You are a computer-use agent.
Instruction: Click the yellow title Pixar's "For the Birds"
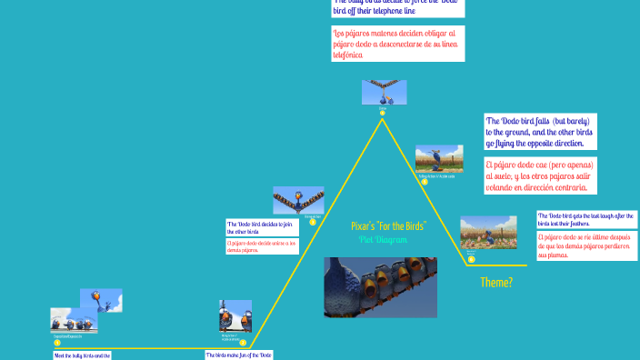pyautogui.click(x=388, y=225)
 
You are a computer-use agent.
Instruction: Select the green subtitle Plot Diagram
pyautogui.click(x=383, y=239)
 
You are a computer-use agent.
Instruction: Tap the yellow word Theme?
pyautogui.click(x=496, y=283)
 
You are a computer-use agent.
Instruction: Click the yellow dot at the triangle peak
pyautogui.click(x=383, y=113)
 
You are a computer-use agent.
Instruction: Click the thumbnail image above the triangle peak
pyautogui.click(x=384, y=92)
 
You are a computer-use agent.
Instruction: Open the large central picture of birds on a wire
pyautogui.click(x=380, y=287)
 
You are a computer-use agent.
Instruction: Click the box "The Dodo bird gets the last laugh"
pyautogui.click(x=586, y=219)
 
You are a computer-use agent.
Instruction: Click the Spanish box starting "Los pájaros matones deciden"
pyautogui.click(x=398, y=44)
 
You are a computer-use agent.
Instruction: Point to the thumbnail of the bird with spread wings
pyautogui.click(x=298, y=200)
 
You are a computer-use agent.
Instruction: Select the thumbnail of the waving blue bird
pyautogui.click(x=101, y=299)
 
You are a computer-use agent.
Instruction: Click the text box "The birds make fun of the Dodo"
pyautogui.click(x=239, y=355)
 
